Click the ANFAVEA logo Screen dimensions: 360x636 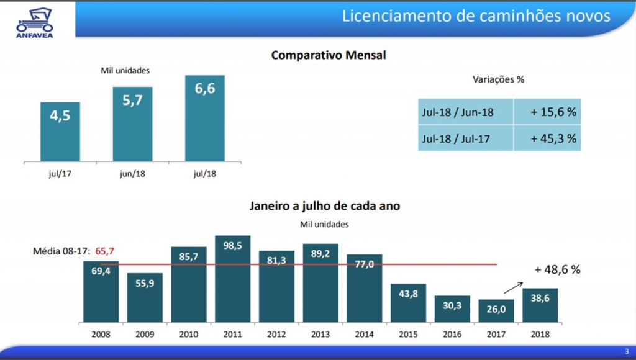(x=35, y=22)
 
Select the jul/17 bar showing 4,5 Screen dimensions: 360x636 (x=60, y=132)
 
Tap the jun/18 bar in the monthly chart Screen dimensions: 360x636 (x=132, y=124)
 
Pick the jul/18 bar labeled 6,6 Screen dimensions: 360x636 (x=205, y=119)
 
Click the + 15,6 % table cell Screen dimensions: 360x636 (x=547, y=112)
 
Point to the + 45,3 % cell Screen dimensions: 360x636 (x=547, y=138)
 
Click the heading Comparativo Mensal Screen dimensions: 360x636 (x=329, y=55)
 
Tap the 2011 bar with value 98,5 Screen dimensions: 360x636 (x=232, y=279)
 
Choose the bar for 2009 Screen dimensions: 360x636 (x=145, y=298)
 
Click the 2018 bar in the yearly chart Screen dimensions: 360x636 (x=540, y=305)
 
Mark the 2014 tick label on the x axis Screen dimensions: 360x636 (x=364, y=334)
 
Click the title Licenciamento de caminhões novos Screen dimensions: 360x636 (x=476, y=16)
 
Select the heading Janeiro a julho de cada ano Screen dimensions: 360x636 (x=325, y=206)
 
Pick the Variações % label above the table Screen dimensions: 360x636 (x=499, y=79)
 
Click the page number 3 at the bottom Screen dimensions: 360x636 (x=626, y=351)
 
